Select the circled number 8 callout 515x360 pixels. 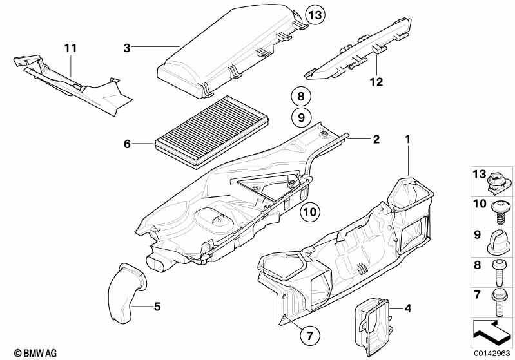pos(300,97)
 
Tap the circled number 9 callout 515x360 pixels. pos(300,118)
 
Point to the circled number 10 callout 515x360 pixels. pos(309,211)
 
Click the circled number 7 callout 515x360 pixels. pos(309,335)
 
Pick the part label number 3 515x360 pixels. pos(127,47)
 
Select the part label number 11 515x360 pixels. pos(70,48)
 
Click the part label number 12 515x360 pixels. pos(376,82)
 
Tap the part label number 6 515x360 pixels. pos(127,144)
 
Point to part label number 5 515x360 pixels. pos(157,306)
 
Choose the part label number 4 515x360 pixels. pos(407,308)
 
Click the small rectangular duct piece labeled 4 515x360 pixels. pos(373,322)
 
